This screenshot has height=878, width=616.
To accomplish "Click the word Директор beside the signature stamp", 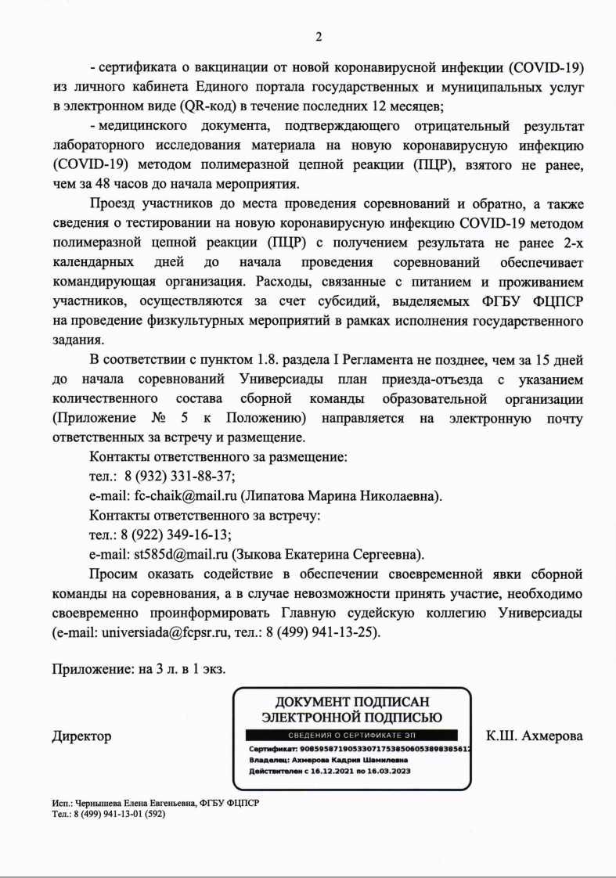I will tap(81, 736).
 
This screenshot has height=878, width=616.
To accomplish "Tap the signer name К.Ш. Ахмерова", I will tap(535, 736).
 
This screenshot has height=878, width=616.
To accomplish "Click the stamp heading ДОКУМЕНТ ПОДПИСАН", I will tap(351, 700).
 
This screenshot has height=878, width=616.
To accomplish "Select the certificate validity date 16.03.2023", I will tap(384, 770).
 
